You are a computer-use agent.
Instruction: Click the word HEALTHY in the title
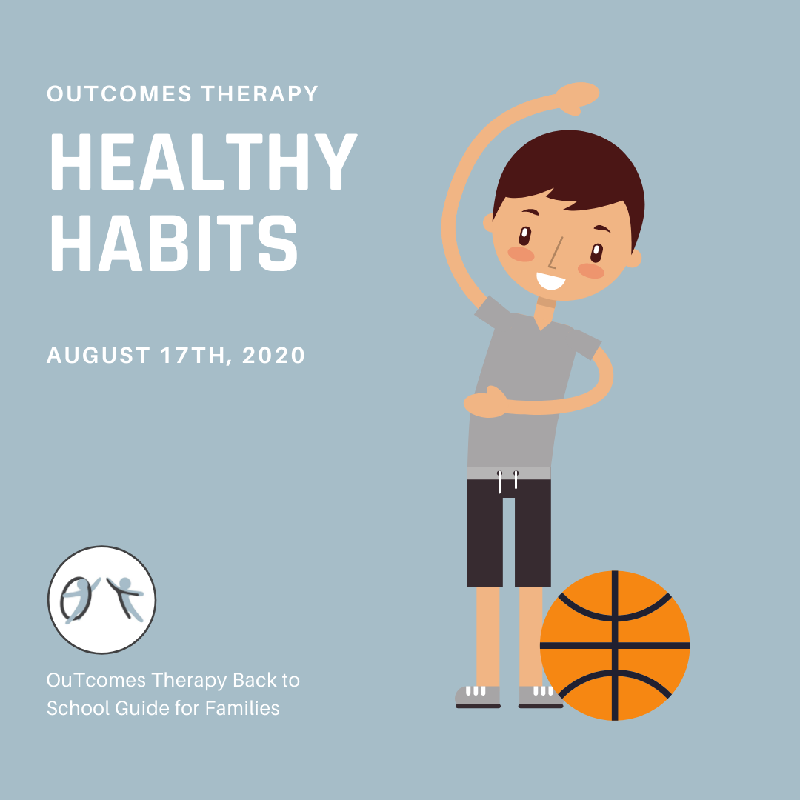tap(204, 161)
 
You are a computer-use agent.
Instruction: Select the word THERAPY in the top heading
tap(259, 94)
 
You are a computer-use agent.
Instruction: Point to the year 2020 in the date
tap(273, 355)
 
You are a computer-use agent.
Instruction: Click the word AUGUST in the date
tap(99, 355)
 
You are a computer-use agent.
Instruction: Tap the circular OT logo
tap(102, 599)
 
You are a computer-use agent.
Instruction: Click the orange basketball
tap(615, 645)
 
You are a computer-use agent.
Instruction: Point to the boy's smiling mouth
tap(550, 281)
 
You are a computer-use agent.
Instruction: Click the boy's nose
tap(555, 253)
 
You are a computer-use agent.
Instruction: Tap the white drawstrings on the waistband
tap(507, 481)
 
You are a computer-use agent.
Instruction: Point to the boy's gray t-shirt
tap(525, 383)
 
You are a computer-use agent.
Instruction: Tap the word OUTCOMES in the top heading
tap(119, 94)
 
